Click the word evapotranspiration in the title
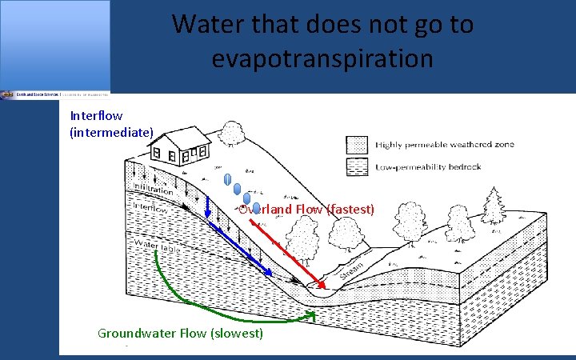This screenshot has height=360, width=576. (322, 58)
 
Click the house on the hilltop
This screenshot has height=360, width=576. (181, 146)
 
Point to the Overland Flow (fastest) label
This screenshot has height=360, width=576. (306, 210)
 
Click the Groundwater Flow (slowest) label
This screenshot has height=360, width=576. (180, 333)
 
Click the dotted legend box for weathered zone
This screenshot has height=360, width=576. (358, 145)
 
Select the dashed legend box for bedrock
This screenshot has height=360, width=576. (358, 166)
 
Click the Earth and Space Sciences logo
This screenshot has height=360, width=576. (54, 94)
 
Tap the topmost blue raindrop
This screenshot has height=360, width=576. (227, 179)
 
